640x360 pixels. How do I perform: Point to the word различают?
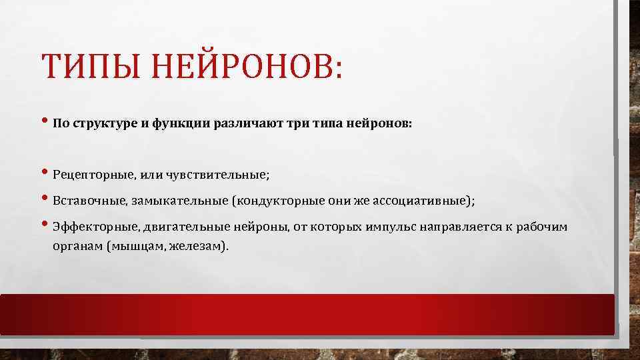(x=245, y=124)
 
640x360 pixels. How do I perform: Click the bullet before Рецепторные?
(x=45, y=174)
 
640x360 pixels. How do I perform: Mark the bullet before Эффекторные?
(x=45, y=225)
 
